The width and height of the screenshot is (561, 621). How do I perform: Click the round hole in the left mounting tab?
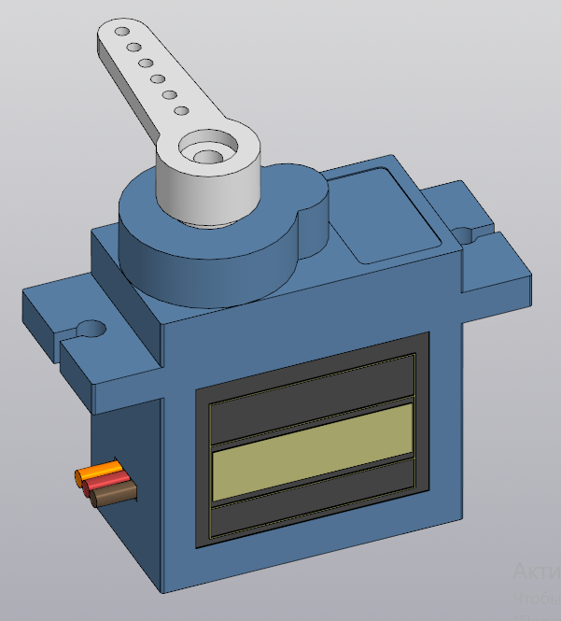(91, 329)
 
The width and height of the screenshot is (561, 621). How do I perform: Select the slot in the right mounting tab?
(479, 229)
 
